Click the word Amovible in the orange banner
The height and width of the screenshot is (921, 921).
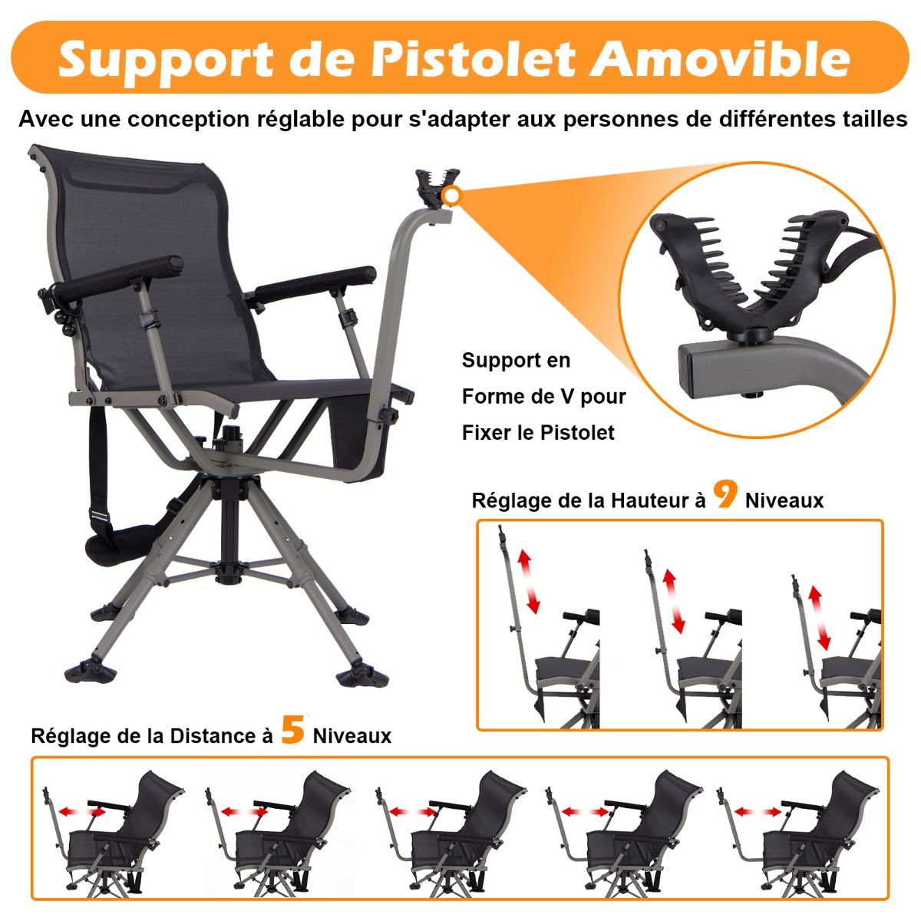(x=720, y=59)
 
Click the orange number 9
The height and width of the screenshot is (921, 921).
(x=725, y=494)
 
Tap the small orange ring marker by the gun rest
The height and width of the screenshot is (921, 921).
(x=451, y=196)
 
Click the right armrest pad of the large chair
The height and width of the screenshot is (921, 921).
(x=315, y=285)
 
